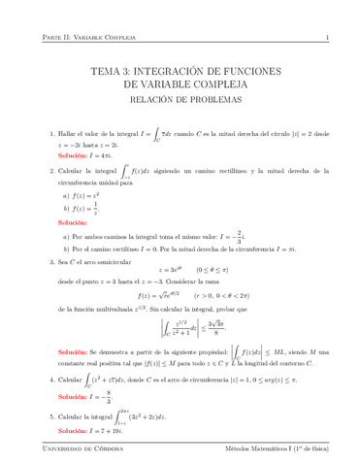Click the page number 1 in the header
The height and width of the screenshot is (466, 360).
click(x=328, y=38)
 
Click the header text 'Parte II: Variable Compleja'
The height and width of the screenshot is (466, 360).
click(x=71, y=38)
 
